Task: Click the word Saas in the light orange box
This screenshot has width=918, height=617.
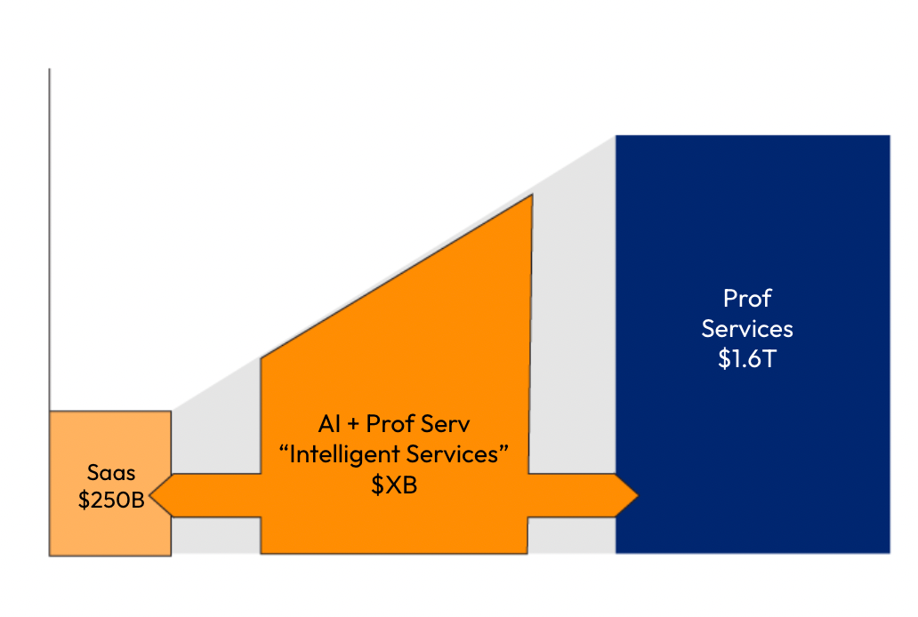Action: [111, 472]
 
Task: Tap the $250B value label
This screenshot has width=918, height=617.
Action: [111, 500]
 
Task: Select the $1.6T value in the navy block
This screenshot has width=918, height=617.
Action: [747, 359]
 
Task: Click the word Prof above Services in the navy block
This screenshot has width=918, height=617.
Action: [747, 299]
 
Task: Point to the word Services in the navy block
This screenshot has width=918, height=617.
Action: [747, 329]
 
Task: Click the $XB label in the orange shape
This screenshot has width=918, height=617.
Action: [394, 485]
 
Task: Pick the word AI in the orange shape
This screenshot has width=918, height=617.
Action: [329, 424]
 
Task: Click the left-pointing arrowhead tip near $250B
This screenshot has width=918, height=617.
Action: [149, 496]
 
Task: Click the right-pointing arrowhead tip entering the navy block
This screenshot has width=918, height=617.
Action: [638, 496]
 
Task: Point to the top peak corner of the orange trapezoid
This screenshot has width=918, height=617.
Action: [532, 195]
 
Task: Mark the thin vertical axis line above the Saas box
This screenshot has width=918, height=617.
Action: [49, 240]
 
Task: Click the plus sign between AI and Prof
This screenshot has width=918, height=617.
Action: [353, 425]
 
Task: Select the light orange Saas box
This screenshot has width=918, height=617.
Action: [110, 484]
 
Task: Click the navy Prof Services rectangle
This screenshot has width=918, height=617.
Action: [753, 344]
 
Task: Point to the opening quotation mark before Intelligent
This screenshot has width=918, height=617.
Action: [284, 448]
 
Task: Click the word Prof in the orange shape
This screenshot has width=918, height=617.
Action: [390, 424]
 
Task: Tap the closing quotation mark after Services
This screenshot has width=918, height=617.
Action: [503, 448]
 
